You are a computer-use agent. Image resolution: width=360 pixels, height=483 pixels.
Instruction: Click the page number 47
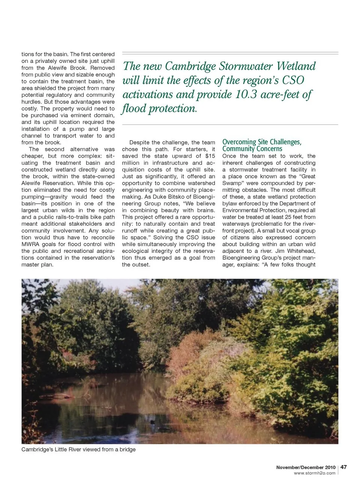[343, 467]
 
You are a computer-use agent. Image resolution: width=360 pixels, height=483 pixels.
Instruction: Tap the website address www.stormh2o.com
[315, 473]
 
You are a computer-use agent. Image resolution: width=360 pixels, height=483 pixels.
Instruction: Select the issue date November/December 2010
[306, 467]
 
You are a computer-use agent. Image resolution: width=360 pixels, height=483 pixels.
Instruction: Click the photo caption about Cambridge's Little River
[78, 449]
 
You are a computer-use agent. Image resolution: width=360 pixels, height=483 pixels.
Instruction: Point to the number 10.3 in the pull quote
[246, 94]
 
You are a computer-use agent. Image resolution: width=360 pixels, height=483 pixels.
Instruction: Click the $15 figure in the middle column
[210, 156]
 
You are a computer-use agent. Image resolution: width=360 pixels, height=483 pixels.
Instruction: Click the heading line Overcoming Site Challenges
[262, 142]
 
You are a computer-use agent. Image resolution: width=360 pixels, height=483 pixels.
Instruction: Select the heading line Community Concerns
[252, 149]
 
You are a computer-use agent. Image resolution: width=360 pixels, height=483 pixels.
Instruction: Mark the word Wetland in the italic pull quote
[296, 66]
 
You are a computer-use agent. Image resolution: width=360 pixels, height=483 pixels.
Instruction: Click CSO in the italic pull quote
[293, 80]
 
